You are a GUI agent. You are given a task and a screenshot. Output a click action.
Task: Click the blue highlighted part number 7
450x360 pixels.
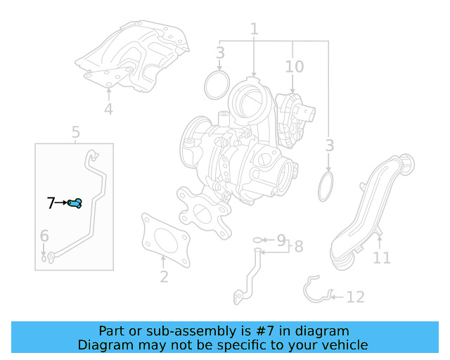[76, 203]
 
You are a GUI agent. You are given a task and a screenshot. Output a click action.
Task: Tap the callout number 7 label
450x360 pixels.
[51, 203]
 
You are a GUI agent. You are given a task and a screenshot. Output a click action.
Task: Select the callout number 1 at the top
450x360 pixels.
[254, 30]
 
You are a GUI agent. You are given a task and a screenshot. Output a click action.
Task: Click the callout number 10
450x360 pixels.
[294, 67]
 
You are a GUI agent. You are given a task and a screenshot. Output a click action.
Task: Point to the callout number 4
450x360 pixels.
[108, 109]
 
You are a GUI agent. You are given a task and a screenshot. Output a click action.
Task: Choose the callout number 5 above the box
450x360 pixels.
[76, 131]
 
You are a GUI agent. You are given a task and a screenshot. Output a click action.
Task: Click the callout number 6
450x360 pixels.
[44, 236]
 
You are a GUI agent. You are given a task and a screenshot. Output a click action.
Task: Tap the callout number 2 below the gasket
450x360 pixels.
[164, 276]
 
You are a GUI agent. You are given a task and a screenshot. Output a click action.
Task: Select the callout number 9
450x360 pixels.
[281, 240]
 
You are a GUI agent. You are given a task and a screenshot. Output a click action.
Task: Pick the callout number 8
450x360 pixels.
[298, 247]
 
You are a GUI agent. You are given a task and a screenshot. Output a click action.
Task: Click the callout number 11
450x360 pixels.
[381, 258]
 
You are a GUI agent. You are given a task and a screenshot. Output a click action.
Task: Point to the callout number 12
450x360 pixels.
[355, 297]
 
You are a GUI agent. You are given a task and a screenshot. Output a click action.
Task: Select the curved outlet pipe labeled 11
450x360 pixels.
[368, 211]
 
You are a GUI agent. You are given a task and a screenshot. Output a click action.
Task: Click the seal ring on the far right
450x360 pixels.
[327, 187]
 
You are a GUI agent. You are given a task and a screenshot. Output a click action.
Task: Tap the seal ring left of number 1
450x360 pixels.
[217, 84]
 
